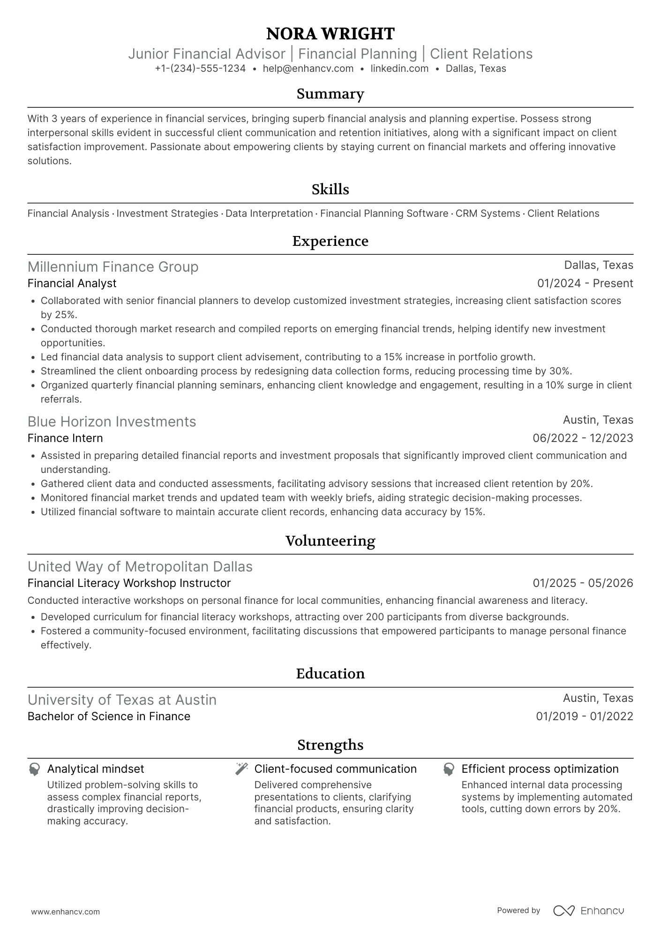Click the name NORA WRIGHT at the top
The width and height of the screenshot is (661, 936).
tap(330, 34)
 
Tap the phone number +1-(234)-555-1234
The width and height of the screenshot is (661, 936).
tap(200, 68)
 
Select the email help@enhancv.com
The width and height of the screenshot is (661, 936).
tap(308, 68)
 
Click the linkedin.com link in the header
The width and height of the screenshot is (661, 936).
tap(399, 68)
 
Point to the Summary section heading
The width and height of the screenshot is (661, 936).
tap(330, 94)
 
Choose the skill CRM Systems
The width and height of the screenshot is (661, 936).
tap(488, 213)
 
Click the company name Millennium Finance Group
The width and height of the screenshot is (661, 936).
tap(113, 267)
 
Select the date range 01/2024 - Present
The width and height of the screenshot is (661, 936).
tap(585, 283)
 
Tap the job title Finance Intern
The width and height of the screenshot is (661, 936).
tap(65, 438)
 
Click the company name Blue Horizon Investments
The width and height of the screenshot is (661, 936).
tap(112, 422)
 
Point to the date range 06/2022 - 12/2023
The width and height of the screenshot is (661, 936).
tap(583, 438)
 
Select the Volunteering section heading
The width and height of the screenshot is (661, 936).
tap(330, 541)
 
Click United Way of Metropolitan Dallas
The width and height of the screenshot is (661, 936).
tap(140, 567)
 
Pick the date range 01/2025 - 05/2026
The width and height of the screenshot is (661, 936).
tap(583, 583)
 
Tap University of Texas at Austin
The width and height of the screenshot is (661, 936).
tap(122, 700)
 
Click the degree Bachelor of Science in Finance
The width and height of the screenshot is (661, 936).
tap(109, 716)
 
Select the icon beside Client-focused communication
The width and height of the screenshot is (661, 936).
tap(241, 769)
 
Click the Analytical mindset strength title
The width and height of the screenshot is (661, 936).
tap(96, 769)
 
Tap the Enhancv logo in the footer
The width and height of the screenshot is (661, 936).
tap(589, 911)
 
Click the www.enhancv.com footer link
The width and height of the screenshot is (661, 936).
tap(65, 912)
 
